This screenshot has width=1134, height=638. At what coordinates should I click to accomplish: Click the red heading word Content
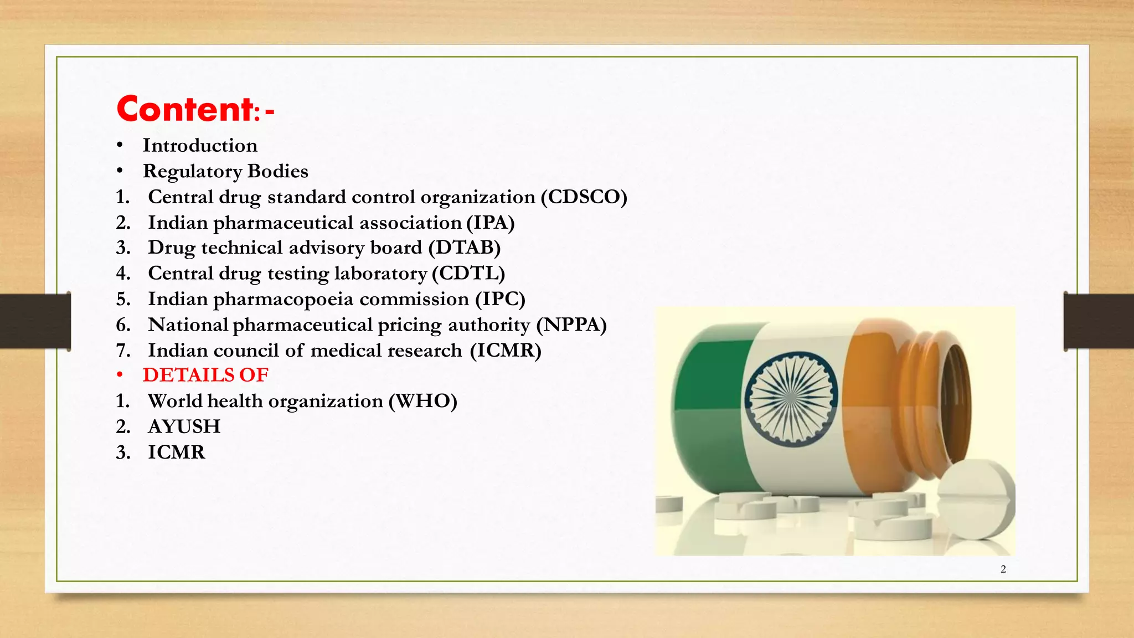point(185,109)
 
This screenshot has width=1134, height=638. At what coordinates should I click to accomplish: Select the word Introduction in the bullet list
point(200,146)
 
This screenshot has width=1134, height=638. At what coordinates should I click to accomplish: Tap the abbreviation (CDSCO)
point(584,197)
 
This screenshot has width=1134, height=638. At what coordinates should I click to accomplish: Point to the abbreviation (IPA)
point(490,223)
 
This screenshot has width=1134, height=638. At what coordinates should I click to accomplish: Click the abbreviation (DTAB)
point(465,248)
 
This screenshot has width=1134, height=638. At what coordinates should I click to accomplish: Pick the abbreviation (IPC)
point(500,299)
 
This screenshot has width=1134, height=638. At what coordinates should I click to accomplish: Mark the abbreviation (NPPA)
point(571,325)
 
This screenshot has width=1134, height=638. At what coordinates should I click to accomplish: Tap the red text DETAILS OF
point(205,375)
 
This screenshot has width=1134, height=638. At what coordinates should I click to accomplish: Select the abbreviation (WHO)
point(422,401)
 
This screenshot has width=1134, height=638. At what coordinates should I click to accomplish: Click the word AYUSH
point(184,426)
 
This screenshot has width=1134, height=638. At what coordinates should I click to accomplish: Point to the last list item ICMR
point(177,452)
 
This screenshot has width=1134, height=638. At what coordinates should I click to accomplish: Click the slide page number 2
point(1003,569)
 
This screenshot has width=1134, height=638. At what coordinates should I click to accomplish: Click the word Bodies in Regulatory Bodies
point(277,172)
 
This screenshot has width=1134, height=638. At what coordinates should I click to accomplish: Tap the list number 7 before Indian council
point(122,351)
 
